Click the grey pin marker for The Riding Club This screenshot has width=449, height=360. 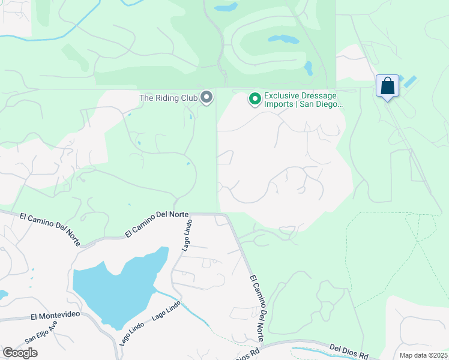(207, 97)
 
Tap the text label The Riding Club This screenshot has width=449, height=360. (169, 98)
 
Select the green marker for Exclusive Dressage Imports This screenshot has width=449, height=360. (255, 98)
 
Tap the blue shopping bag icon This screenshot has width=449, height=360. (388, 86)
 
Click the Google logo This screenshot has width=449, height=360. (20, 353)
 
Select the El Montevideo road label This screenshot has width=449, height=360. (55, 316)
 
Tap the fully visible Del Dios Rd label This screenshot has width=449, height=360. (349, 351)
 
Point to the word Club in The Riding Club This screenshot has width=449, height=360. (188, 98)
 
